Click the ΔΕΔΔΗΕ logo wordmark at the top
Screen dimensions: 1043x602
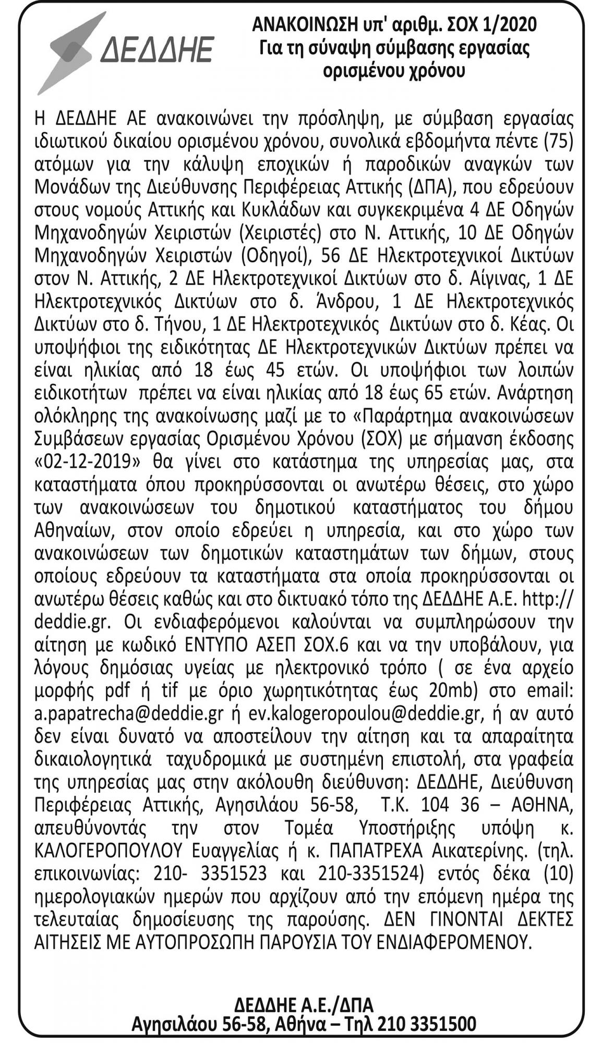tap(156, 50)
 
